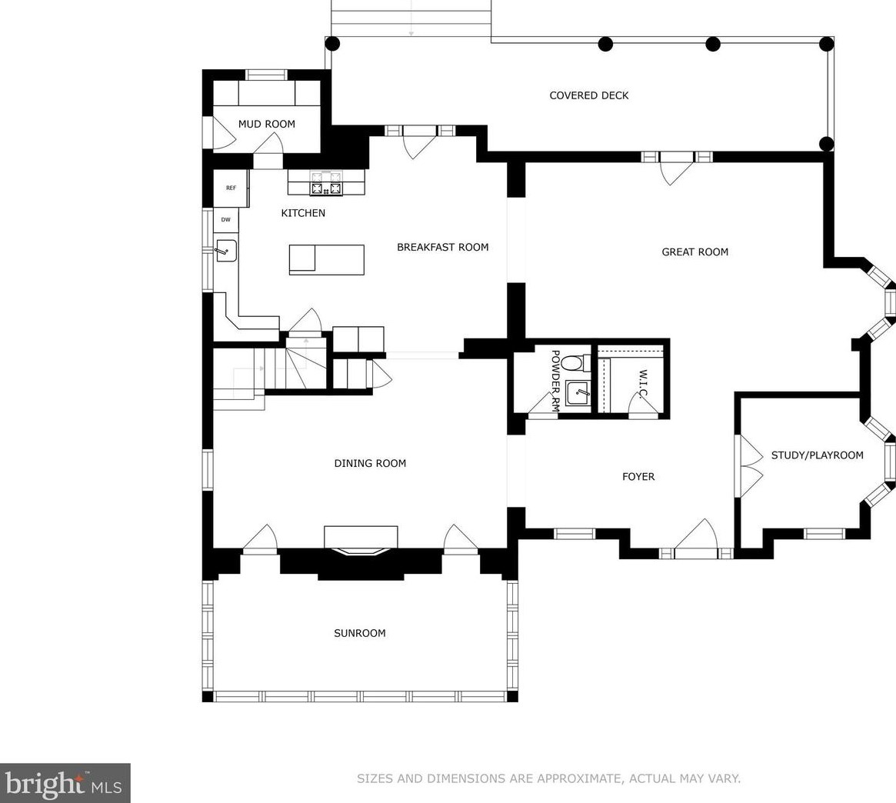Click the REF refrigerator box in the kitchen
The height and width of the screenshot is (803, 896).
click(231, 188)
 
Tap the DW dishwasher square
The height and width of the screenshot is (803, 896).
click(225, 220)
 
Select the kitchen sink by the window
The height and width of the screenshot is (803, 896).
click(225, 251)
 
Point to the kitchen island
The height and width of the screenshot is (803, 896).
click(326, 259)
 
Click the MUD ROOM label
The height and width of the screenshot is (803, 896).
click(266, 124)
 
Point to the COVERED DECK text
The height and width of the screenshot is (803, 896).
click(588, 95)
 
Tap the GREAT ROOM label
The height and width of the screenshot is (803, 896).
click(694, 252)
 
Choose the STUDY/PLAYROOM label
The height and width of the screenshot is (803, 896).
click(817, 455)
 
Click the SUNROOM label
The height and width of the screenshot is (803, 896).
click(359, 633)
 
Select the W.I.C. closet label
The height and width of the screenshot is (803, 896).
click(643, 384)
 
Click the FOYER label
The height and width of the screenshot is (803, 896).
click(638, 476)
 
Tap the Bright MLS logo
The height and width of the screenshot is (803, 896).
click(65, 783)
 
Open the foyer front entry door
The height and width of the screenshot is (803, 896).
click(696, 537)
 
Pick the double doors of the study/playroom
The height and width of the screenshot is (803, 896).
click(751, 466)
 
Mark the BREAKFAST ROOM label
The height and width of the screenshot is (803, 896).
click(443, 247)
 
